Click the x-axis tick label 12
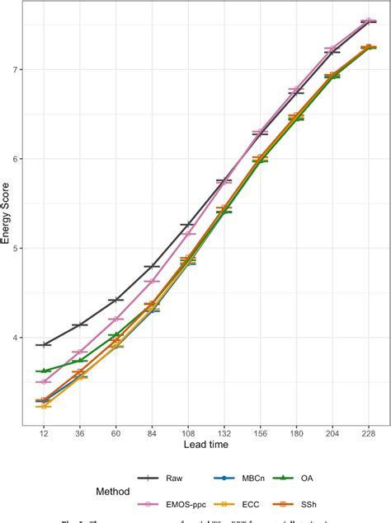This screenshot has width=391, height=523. (44, 433)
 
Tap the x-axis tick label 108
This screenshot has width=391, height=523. (187, 433)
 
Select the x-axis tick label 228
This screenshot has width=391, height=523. (368, 433)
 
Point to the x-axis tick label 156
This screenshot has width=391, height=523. (260, 433)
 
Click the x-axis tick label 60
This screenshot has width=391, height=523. (115, 433)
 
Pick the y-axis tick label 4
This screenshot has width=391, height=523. (17, 338)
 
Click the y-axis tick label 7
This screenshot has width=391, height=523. (17, 69)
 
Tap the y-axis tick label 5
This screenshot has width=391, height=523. (17, 248)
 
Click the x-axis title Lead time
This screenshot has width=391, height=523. (205, 446)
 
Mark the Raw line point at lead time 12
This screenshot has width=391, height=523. (44, 344)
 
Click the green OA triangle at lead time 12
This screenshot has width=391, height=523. (44, 371)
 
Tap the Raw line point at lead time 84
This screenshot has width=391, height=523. (152, 267)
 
